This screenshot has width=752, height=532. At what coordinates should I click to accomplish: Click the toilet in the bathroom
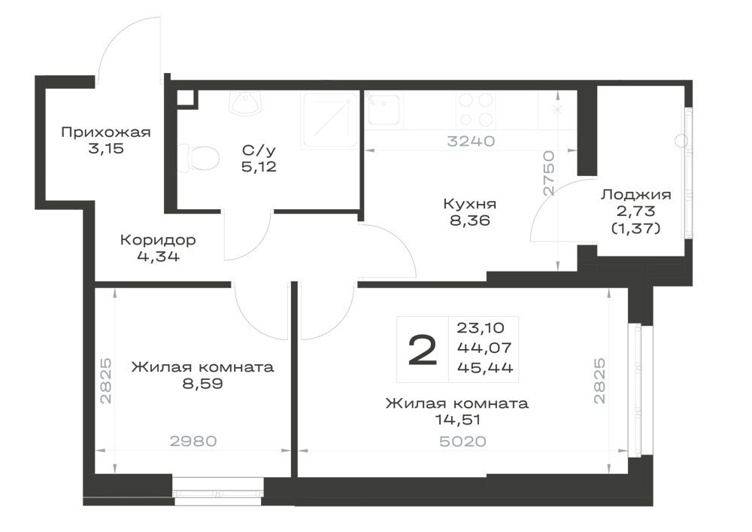[199, 158]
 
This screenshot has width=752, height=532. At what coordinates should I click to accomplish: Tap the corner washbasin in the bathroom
[246, 102]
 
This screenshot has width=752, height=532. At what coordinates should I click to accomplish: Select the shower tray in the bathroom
[330, 120]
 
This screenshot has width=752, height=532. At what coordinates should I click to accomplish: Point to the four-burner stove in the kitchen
[476, 109]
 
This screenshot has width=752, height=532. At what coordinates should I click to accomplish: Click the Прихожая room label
[106, 132]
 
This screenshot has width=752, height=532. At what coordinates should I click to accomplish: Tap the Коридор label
[158, 239]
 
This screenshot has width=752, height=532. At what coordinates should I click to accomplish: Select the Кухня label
[469, 204]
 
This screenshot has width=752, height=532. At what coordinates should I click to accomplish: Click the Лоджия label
[636, 194]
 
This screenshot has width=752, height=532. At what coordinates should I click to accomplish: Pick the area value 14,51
[457, 420]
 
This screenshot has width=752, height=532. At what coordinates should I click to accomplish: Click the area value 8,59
[202, 384]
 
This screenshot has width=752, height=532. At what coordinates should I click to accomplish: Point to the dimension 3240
[471, 141]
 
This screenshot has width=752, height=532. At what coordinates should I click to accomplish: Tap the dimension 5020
[462, 442]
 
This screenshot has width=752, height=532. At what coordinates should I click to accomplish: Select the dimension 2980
[194, 441]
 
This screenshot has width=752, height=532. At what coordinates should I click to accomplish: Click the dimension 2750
[549, 173]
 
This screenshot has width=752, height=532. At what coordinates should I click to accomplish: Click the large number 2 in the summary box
[423, 350]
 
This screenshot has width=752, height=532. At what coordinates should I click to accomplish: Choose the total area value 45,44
[485, 368]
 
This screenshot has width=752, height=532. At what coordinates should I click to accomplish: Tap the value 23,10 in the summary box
[481, 328]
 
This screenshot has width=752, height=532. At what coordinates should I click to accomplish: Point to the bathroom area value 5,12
[259, 167]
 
